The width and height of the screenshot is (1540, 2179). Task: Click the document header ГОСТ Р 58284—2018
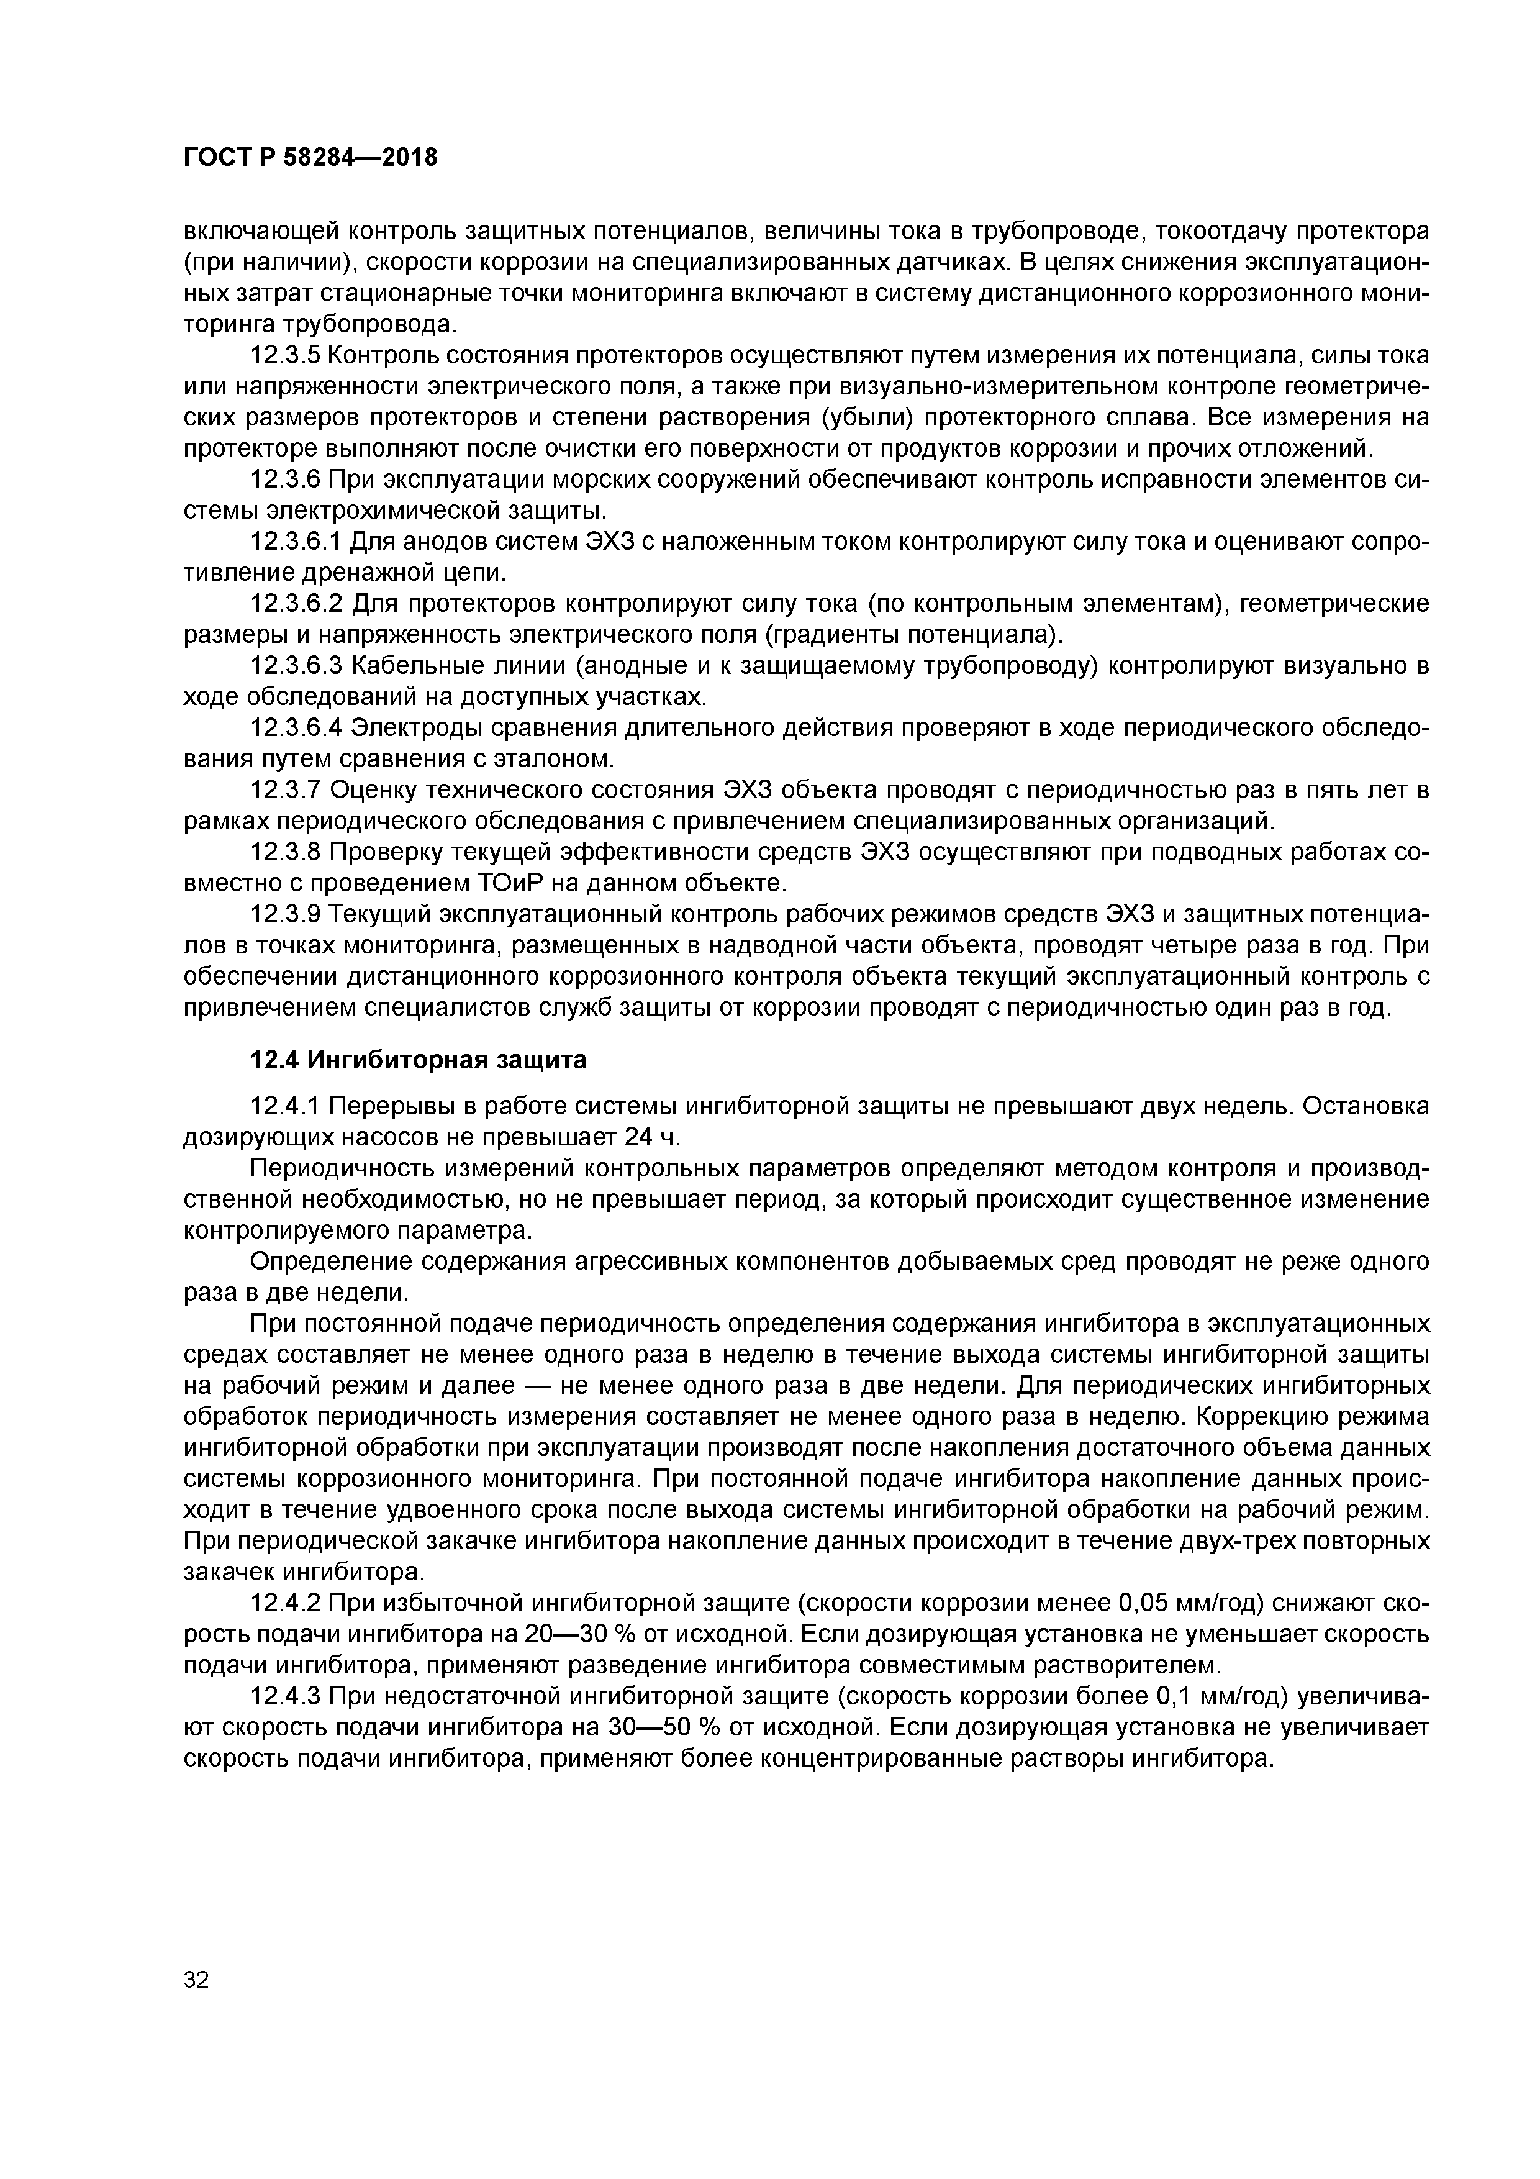tap(310, 158)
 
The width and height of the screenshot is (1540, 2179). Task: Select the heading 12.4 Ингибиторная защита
tap(417, 1060)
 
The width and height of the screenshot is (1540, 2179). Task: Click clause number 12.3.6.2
tap(296, 604)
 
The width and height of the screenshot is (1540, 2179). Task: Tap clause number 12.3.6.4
tap(296, 728)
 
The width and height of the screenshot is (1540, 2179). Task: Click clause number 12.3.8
tap(286, 852)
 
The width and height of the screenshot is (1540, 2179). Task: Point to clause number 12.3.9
tap(286, 914)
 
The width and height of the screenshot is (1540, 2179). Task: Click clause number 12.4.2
tap(286, 1603)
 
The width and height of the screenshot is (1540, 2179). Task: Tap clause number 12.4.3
tap(286, 1696)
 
